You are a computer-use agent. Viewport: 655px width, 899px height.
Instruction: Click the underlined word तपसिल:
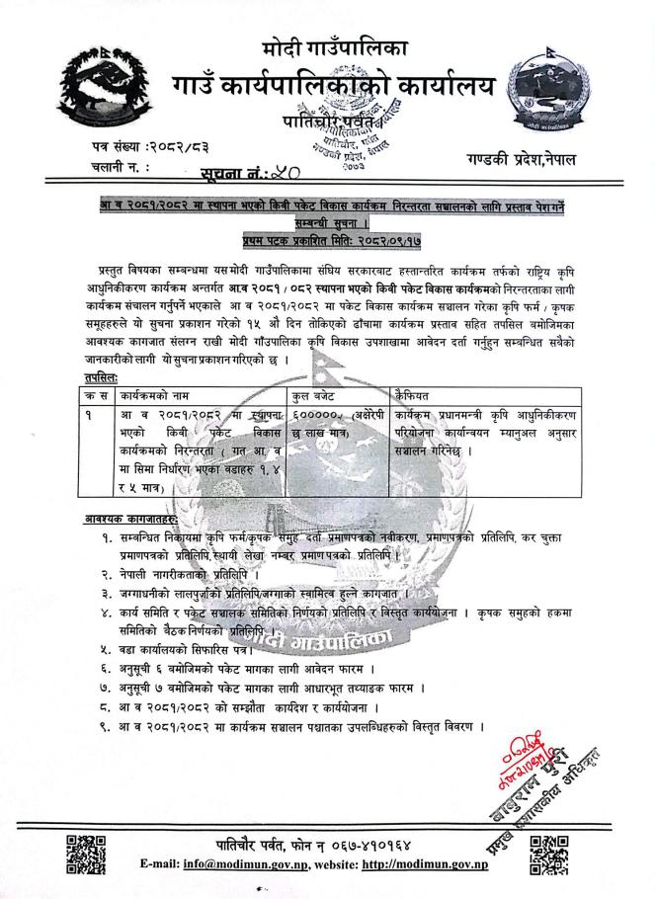tap(102, 377)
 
